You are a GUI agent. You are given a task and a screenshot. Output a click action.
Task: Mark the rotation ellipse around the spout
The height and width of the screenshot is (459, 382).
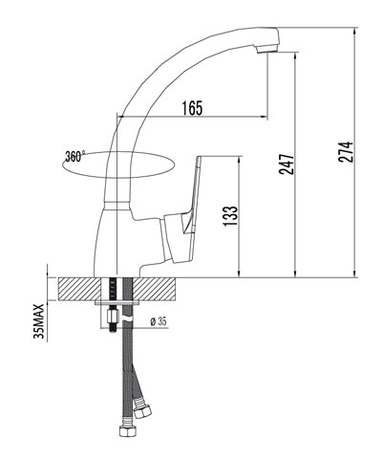click(x=115, y=164)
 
